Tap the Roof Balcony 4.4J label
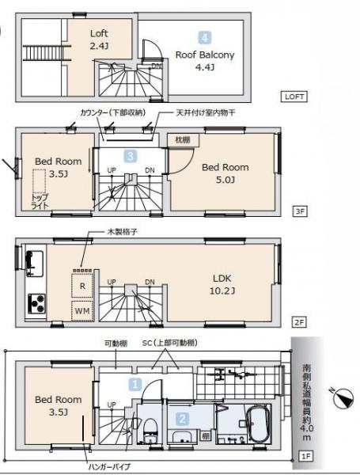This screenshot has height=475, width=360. coord(205,61)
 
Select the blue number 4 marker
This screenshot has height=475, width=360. coord(205,37)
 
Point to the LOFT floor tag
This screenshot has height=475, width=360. coord(294,97)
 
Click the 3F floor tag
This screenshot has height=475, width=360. coord(299,211)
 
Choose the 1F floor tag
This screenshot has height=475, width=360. coord(306,457)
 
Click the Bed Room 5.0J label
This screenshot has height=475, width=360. coord(225,173)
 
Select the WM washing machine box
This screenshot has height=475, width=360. coord(81,311)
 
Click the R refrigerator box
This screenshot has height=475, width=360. coord(81,283)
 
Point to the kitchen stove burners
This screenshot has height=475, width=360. coord(36,304)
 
